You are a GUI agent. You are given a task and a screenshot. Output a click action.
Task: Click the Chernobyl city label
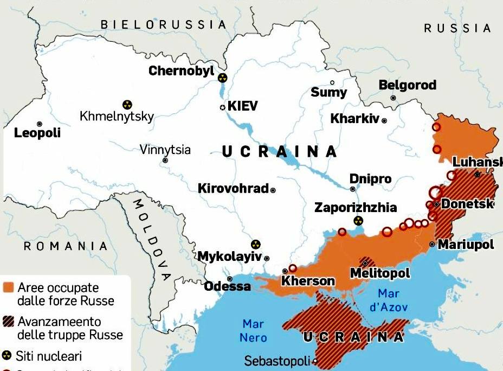tap(181, 71)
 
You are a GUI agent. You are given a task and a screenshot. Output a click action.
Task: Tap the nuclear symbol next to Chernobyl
tap(222, 78)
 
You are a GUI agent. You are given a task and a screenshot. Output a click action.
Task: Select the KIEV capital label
tap(242, 106)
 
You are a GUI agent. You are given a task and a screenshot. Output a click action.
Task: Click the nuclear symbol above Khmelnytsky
tap(127, 104)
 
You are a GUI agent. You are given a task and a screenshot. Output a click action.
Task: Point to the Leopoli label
tap(37, 133)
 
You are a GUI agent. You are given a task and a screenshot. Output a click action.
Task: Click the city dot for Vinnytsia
tap(165, 160)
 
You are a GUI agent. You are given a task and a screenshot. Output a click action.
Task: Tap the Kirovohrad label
tap(233, 189)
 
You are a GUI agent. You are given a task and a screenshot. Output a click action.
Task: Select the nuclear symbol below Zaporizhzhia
tap(358, 220)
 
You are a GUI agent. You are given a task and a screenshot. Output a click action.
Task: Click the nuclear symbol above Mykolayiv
tap(255, 245)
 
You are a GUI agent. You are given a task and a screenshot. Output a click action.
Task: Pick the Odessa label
tap(227, 286)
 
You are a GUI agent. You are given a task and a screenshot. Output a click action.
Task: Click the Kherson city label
tap(308, 281)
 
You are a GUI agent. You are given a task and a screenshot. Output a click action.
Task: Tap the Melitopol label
tap(380, 273)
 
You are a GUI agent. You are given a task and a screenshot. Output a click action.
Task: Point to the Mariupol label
tap(466, 245)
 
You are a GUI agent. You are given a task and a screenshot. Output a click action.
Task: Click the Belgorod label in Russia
tap(407, 85)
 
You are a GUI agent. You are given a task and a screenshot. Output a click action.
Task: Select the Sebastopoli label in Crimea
tap(277, 361)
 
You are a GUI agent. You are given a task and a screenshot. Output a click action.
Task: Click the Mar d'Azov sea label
tap(389, 300)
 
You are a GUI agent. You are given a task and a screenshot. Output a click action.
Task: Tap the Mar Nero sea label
tap(254, 330)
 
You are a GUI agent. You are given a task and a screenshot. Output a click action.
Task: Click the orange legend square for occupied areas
tap(8, 287)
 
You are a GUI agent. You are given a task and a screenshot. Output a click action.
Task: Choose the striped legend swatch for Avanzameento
tap(8, 321)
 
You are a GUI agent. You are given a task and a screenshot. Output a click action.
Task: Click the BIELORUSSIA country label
tap(163, 24)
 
